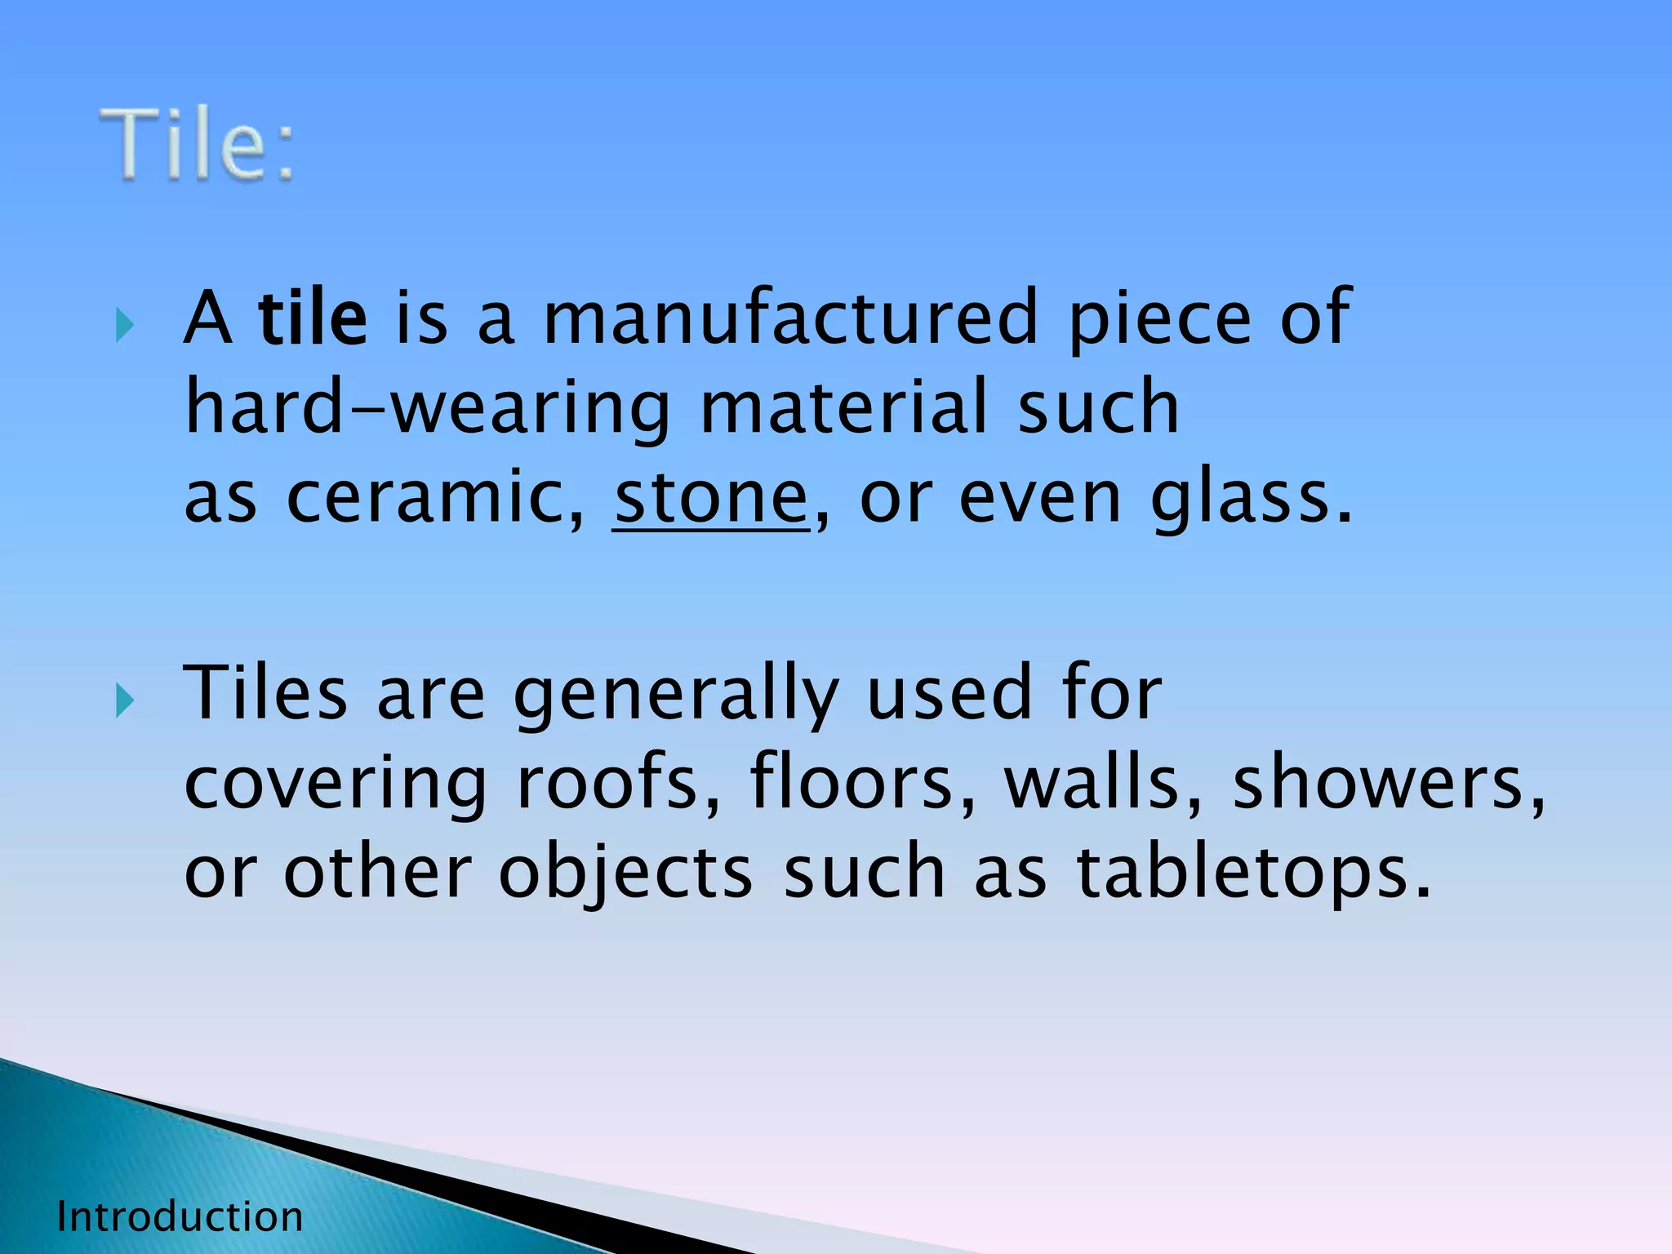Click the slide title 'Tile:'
coord(197,145)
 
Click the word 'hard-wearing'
coord(427,407)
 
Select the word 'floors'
coord(860,783)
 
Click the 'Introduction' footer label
coord(180,1217)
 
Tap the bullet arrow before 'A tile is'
coord(125,327)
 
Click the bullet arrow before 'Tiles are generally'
coord(125,701)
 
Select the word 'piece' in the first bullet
coord(1159,320)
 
